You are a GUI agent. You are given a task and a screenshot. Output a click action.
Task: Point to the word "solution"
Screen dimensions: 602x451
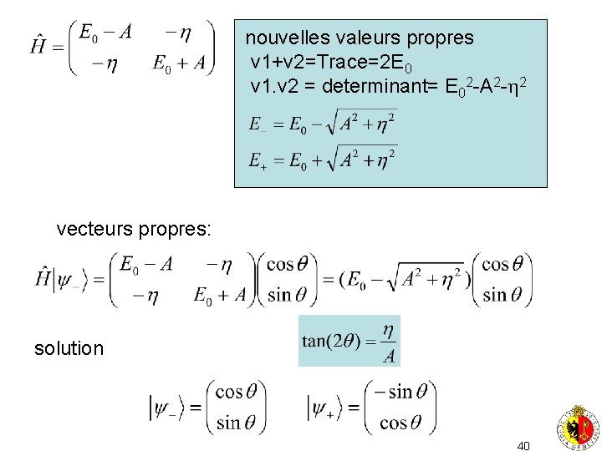tap(69, 348)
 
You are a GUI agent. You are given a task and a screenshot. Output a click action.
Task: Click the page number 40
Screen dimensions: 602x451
tap(523, 446)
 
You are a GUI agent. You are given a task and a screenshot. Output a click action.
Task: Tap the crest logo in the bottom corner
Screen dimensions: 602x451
tap(578, 426)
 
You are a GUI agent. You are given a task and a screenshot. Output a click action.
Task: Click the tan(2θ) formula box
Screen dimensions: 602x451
tap(349, 341)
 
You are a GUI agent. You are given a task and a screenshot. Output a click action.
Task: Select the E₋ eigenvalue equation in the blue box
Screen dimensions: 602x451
tap(323, 125)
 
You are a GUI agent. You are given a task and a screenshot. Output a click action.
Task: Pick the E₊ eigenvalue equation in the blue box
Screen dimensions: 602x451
tap(323, 159)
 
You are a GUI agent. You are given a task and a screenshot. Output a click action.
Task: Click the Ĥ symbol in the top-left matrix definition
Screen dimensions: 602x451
tap(39, 44)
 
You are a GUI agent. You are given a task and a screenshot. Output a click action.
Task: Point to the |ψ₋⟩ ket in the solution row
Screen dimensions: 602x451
tap(168, 408)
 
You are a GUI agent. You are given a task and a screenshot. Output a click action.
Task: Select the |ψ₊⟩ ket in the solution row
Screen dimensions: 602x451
tap(328, 408)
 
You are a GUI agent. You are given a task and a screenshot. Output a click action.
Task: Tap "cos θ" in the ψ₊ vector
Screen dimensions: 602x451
tap(405, 422)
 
